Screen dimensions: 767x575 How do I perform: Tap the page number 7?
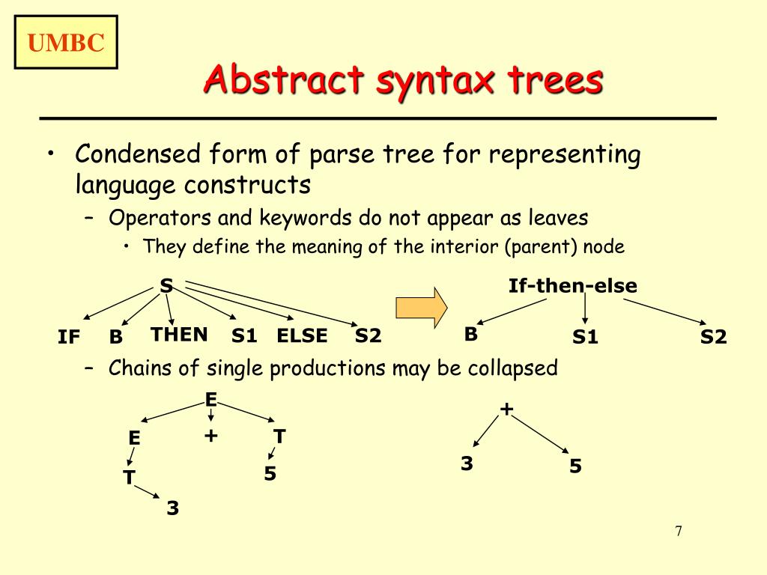(x=679, y=532)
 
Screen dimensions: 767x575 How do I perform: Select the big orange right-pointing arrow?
(x=421, y=306)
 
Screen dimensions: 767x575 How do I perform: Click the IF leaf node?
(x=69, y=338)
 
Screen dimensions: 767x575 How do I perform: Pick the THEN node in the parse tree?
(x=179, y=335)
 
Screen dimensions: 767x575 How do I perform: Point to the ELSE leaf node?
(x=302, y=336)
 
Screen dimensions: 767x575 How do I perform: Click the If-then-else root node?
(x=572, y=286)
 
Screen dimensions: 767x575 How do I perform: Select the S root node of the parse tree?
(x=166, y=285)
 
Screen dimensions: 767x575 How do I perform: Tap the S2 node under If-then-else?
(x=713, y=338)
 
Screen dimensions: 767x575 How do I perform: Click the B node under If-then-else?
(x=470, y=335)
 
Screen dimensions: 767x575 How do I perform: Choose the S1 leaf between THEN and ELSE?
(x=244, y=336)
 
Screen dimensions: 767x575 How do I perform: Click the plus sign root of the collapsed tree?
(x=507, y=409)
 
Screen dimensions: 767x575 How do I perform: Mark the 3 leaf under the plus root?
(x=467, y=464)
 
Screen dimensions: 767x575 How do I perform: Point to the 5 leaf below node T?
(x=270, y=474)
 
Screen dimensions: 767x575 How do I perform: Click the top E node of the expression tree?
(x=211, y=400)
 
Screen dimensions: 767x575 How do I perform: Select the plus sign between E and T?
(x=210, y=435)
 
